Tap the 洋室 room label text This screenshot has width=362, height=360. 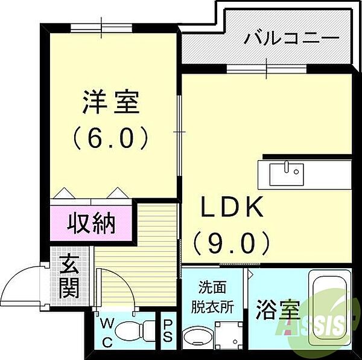point(111,102)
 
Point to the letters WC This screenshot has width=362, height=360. point(106,332)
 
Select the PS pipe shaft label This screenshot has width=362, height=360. point(168,331)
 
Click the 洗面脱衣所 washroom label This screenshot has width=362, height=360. point(215,296)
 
